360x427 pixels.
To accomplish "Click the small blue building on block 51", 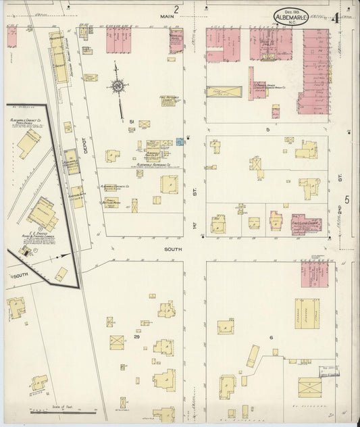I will [x=180, y=142].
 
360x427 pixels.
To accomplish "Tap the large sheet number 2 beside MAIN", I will [x=176, y=9].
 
